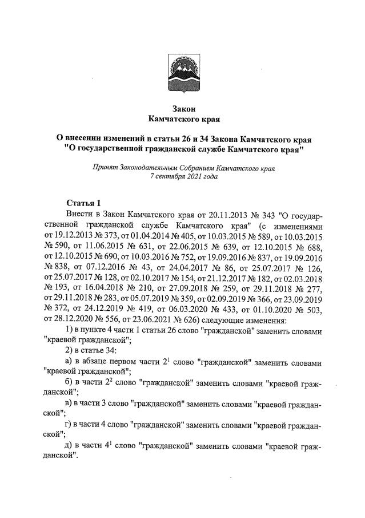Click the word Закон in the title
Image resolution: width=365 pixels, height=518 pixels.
pyautogui.click(x=183, y=109)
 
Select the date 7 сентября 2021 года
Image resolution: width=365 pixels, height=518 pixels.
pyautogui.click(x=183, y=177)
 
